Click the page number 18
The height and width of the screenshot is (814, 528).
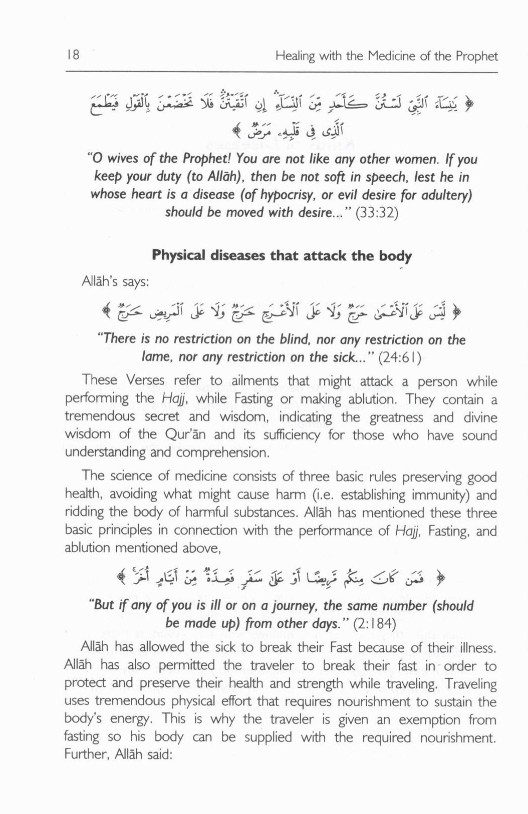73,55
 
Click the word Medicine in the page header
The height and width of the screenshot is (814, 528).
392,56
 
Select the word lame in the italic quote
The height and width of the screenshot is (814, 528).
150,357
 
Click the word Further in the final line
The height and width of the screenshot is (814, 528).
83,755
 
